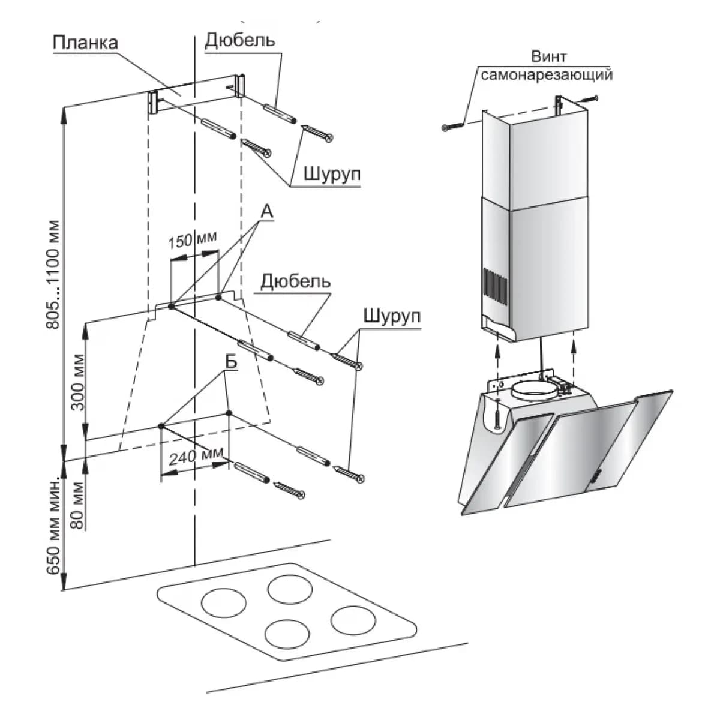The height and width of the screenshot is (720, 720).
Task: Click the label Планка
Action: (85, 44)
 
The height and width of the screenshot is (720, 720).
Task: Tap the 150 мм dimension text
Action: (192, 240)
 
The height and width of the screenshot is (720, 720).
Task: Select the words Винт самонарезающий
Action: (547, 67)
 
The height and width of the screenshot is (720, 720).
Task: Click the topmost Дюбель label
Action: (240, 40)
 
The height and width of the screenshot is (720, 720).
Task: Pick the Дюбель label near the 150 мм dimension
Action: (296, 281)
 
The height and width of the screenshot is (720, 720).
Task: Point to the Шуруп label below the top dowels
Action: (331, 175)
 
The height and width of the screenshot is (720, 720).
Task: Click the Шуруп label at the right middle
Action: (391, 316)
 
